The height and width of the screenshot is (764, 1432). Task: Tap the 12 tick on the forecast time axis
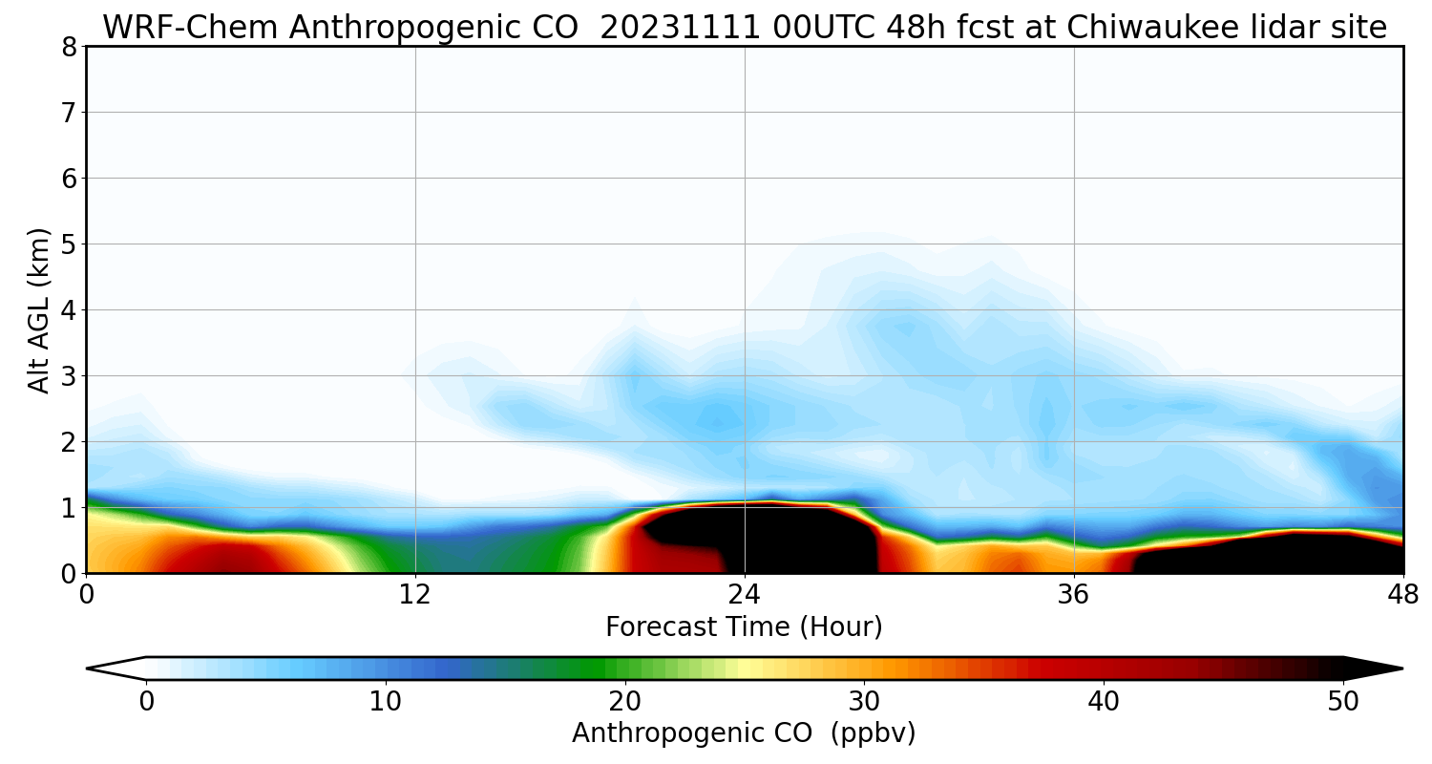point(415,595)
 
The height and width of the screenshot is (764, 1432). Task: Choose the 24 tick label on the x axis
point(745,595)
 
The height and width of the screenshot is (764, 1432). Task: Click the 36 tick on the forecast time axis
point(1074,595)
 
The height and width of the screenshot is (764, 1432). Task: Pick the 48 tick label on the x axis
point(1402,595)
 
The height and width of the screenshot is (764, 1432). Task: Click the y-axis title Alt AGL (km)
point(38,310)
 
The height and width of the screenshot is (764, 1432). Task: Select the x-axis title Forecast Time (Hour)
point(744,627)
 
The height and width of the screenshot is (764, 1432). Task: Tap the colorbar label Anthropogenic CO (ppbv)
point(744,733)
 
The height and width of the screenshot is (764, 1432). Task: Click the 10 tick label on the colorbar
point(386,702)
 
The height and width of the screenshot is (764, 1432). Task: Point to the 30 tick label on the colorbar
point(865,702)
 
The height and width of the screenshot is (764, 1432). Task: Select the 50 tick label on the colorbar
point(1343,702)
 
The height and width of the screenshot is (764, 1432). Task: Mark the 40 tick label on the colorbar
point(1104,702)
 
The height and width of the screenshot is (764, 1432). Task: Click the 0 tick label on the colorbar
point(146,702)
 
